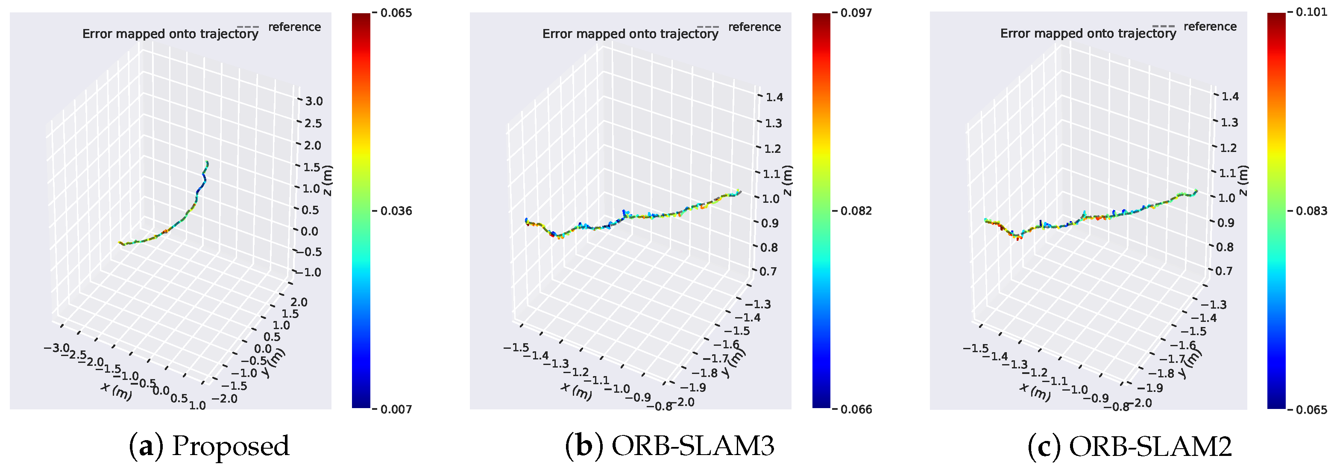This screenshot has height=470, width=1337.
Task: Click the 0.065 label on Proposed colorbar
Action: click(x=396, y=13)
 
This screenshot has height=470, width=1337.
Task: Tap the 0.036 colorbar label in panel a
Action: click(x=396, y=210)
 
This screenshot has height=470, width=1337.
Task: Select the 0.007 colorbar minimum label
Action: click(x=396, y=409)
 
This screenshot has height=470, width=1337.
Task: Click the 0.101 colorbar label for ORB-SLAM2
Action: click(x=1311, y=12)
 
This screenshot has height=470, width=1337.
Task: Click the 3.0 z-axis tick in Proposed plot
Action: click(x=314, y=101)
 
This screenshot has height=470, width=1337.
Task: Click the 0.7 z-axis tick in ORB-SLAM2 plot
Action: click(x=1223, y=271)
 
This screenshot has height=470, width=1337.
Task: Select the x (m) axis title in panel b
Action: click(x=576, y=391)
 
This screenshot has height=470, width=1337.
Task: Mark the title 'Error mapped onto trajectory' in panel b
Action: click(x=630, y=34)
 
